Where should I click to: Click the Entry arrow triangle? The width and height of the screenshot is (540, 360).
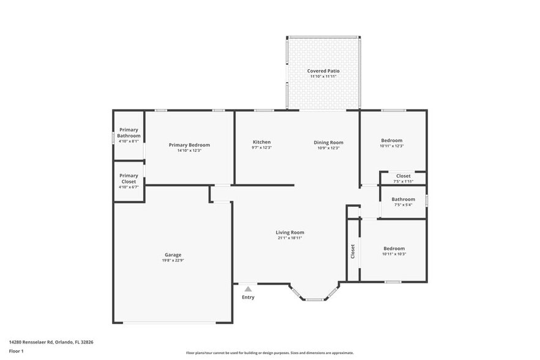tap(248, 289)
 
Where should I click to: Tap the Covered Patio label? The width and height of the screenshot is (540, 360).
tap(323, 71)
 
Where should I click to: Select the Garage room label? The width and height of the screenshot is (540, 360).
tap(173, 255)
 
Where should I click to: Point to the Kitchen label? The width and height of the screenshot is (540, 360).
tap(262, 142)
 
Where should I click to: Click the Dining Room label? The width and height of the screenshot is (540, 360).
tap(328, 143)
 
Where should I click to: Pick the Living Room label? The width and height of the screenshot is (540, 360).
tap(290, 233)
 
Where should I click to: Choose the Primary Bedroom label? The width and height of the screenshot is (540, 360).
tap(189, 145)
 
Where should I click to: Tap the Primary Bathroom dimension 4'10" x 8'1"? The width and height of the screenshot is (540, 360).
tap(129, 141)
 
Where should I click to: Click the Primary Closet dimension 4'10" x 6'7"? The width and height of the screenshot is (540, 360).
tap(129, 187)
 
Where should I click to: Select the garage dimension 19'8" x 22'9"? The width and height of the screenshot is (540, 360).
tap(173, 260)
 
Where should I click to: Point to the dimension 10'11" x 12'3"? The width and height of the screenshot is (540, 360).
tap(392, 146)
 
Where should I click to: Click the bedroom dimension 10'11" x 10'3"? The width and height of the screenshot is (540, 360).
tap(394, 254)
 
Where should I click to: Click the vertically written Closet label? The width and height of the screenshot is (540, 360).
tap(353, 252)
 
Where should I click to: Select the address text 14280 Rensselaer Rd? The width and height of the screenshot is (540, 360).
tap(31, 342)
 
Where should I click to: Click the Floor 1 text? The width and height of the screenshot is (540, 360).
tap(16, 351)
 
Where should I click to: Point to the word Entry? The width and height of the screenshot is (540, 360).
tap(248, 298)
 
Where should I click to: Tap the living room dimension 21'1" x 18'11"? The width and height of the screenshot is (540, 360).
tap(290, 238)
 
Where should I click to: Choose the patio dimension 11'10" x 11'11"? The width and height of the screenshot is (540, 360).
tap(323, 77)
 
